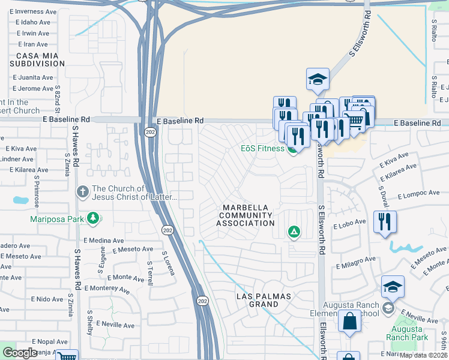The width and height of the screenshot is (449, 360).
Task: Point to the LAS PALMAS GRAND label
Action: pyautogui.click(x=264, y=300)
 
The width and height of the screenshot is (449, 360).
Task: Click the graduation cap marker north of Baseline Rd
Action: pyautogui.click(x=317, y=79)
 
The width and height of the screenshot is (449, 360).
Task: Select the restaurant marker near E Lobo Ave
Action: pyautogui.click(x=384, y=222)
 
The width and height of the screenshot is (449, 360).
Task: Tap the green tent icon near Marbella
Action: pyautogui.click(x=294, y=231)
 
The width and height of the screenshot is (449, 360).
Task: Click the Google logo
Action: pyautogui.click(x=20, y=353)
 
